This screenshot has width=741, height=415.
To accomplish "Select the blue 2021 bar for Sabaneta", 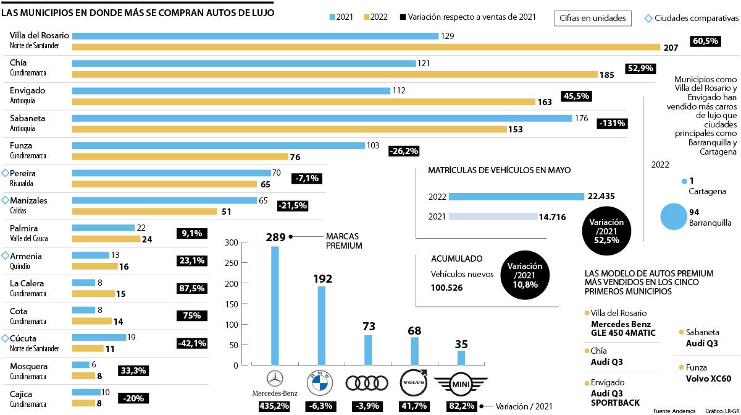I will tap(322, 118).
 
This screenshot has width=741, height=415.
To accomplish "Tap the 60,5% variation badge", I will tap(706, 41).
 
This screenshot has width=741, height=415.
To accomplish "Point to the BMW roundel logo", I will tap(320, 382).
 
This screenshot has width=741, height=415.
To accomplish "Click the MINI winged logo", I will tap(461, 384).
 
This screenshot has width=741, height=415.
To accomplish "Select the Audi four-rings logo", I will tap(367, 383).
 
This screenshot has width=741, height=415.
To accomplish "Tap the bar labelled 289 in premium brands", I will tap(275, 306).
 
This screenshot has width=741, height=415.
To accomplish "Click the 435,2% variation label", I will tap(274, 406).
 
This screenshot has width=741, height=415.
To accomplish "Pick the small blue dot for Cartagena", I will tap(684, 181).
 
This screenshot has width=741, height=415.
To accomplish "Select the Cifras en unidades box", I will tap(592, 19).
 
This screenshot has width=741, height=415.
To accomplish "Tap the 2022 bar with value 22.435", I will tap(516, 197).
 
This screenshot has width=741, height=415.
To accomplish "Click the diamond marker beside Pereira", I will tap(6, 173).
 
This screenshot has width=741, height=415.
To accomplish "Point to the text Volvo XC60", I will tap(708, 379).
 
